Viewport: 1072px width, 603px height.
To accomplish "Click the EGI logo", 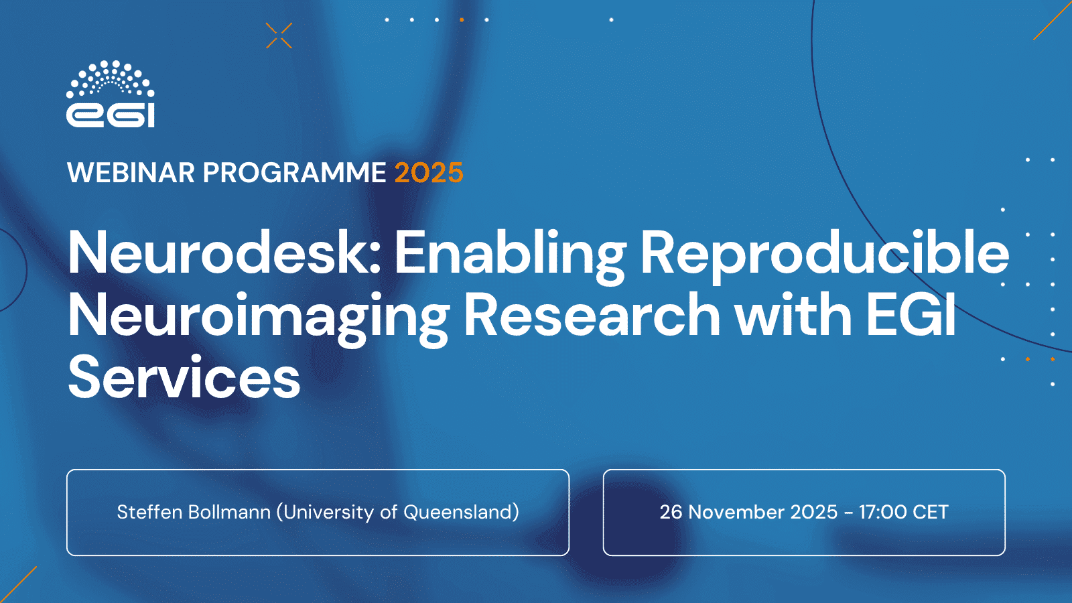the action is pyautogui.click(x=111, y=94).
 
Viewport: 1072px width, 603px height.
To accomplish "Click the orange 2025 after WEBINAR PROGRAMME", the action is pyautogui.click(x=429, y=173).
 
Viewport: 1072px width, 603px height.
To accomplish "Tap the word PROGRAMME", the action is pyautogui.click(x=294, y=173).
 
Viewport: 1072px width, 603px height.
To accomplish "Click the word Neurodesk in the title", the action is pyautogui.click(x=224, y=252).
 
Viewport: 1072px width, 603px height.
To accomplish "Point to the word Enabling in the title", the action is pyautogui.click(x=510, y=257).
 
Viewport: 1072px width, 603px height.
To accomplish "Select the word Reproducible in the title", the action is pyautogui.click(x=824, y=257).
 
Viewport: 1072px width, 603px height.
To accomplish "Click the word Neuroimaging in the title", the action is pyautogui.click(x=259, y=319).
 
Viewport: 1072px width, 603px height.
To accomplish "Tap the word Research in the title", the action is pyautogui.click(x=592, y=315).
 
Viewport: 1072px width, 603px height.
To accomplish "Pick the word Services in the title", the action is pyautogui.click(x=184, y=377).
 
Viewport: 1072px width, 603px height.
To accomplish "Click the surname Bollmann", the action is pyautogui.click(x=229, y=512).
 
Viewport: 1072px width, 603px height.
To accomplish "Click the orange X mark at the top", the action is pyautogui.click(x=279, y=36).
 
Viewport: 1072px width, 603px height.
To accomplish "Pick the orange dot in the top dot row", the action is pyautogui.click(x=462, y=20).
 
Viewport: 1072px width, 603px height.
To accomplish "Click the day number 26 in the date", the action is pyautogui.click(x=671, y=512).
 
